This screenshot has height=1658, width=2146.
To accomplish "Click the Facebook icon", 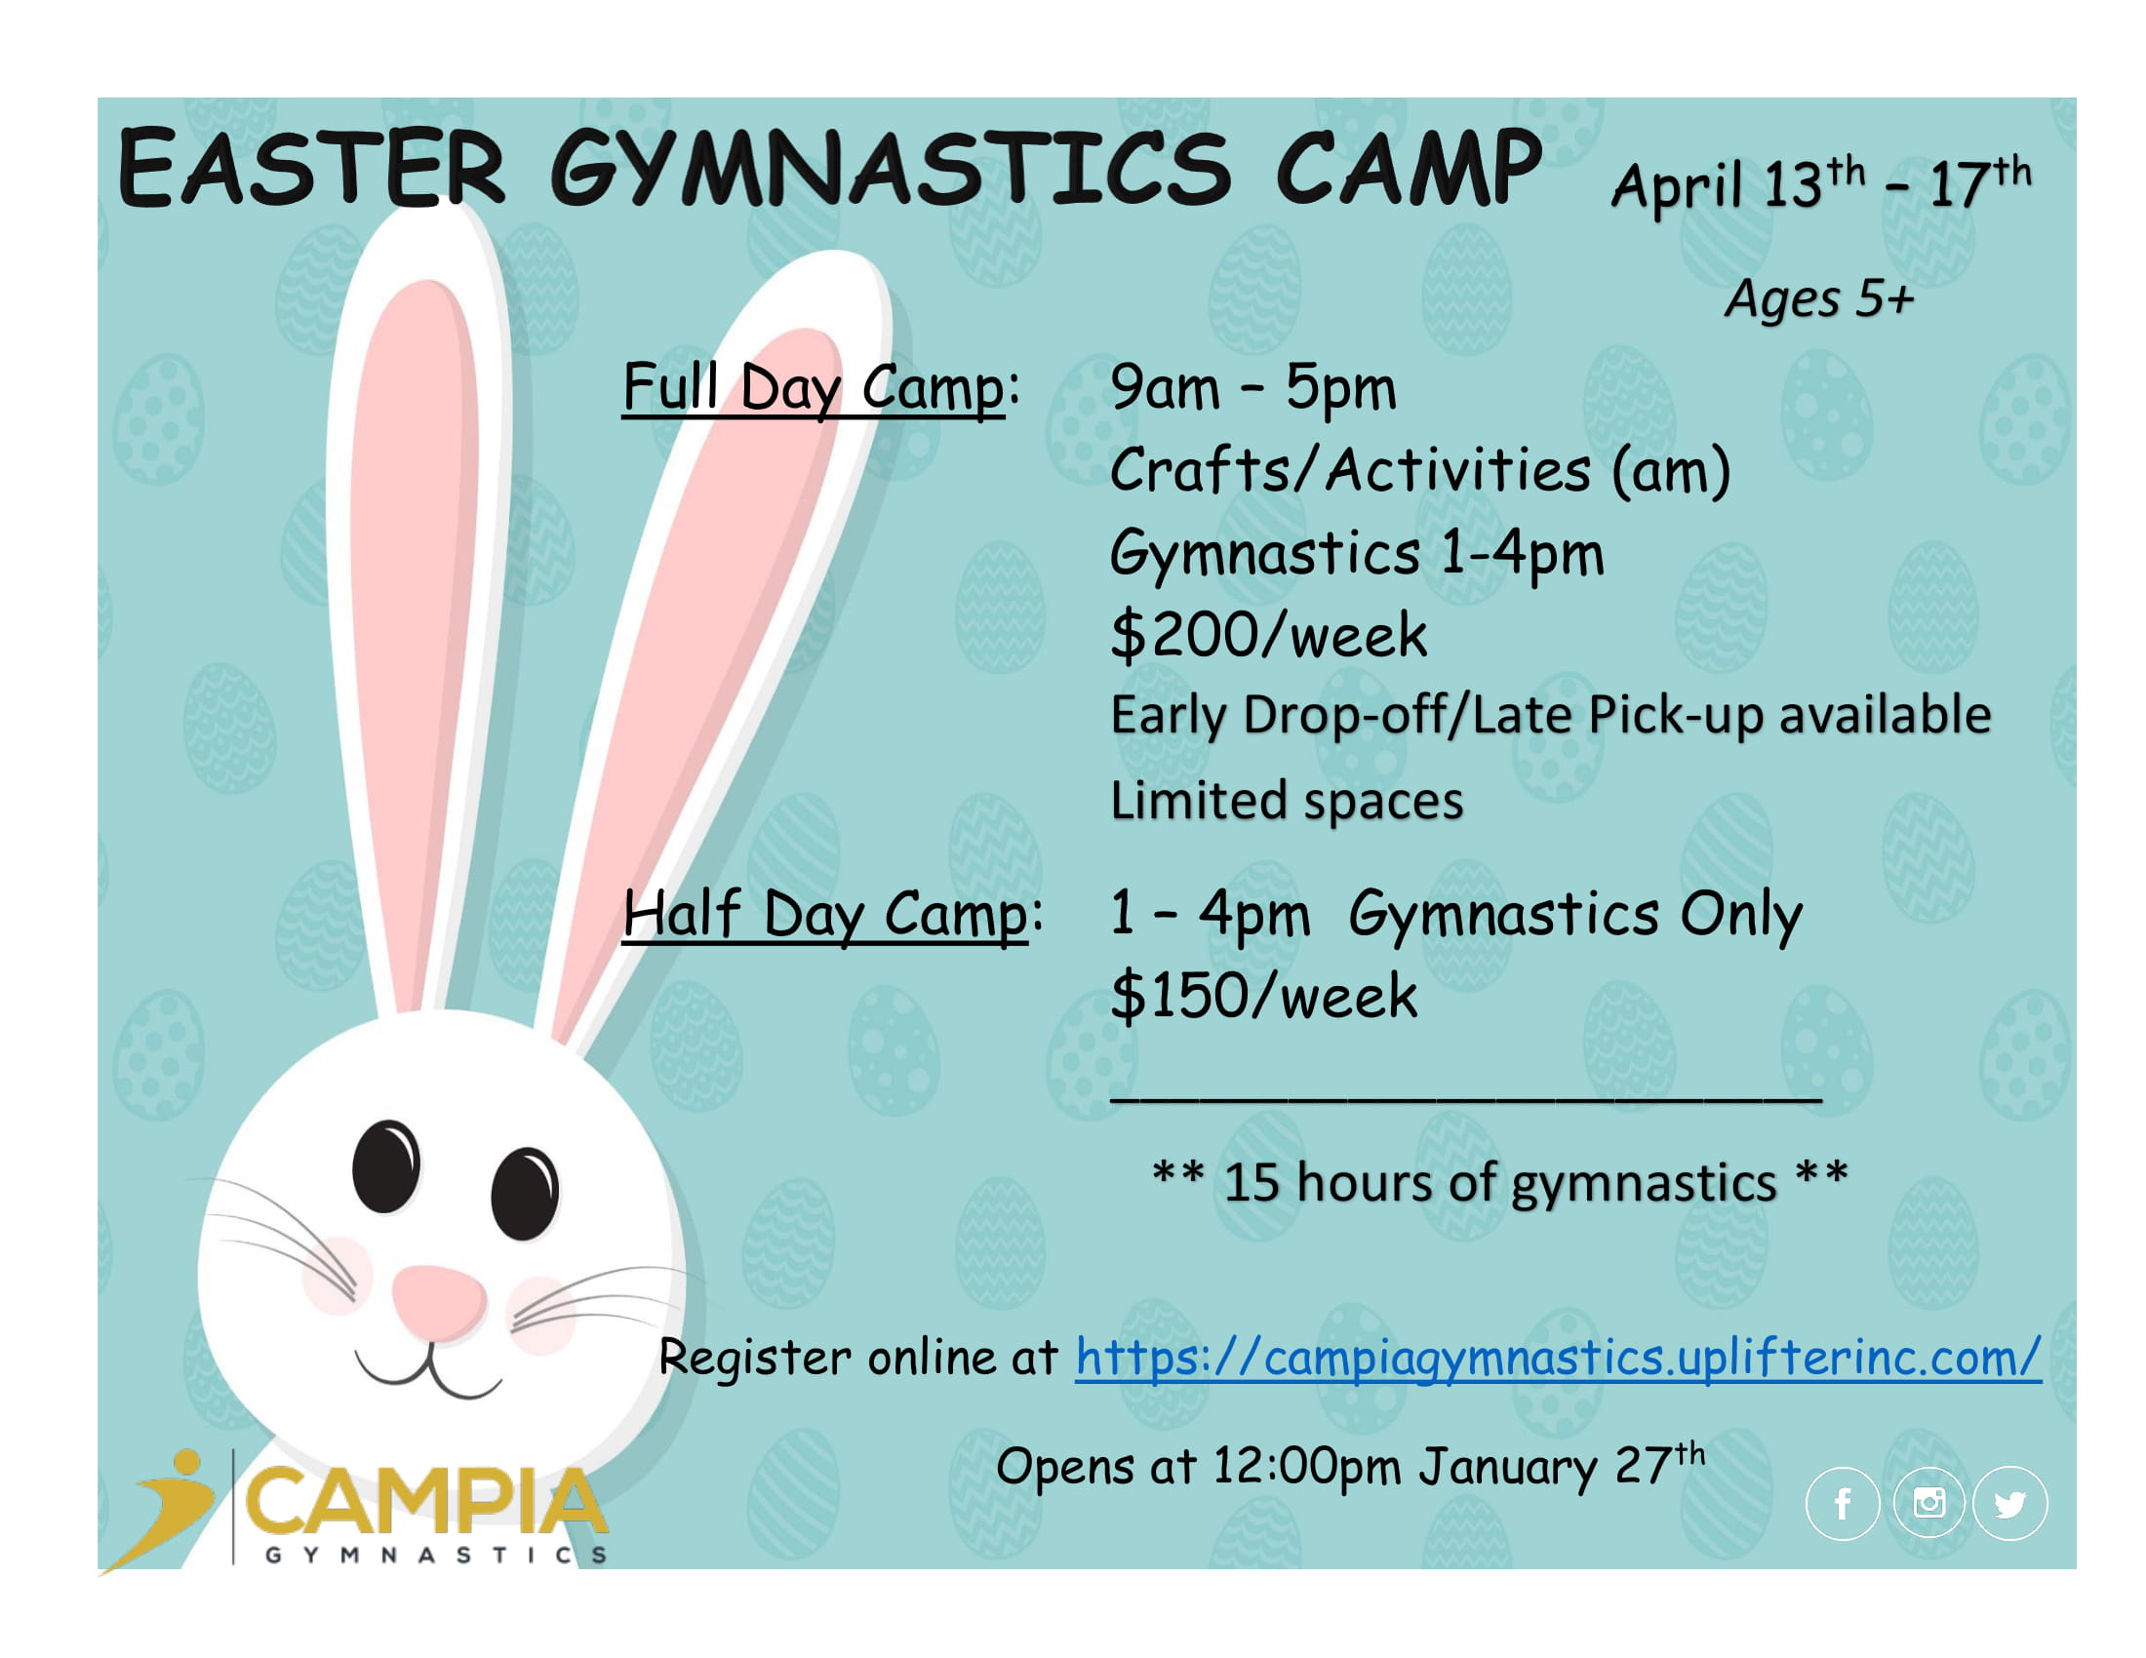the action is [x=1843, y=1504].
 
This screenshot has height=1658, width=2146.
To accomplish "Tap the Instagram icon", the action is [x=1927, y=1504].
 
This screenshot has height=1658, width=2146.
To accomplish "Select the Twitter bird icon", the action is [x=2010, y=1504].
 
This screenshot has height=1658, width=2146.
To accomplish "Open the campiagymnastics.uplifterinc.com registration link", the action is [x=1559, y=1359].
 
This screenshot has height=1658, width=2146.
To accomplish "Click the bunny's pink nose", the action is [x=439, y=1301].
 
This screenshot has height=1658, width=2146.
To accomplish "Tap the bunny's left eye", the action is [x=386, y=1165].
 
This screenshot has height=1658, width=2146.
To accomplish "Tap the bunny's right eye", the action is [x=525, y=1193].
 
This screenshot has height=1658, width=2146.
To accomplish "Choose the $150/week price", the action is [x=1263, y=996].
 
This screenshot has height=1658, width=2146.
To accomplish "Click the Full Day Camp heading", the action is [x=814, y=389].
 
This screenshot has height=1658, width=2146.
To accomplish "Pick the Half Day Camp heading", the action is [x=825, y=916].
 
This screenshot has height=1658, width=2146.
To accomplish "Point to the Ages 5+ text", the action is [x=1820, y=298].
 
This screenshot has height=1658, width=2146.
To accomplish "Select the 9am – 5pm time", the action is [x=1252, y=387].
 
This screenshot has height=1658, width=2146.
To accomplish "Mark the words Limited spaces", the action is [x=1287, y=802].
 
